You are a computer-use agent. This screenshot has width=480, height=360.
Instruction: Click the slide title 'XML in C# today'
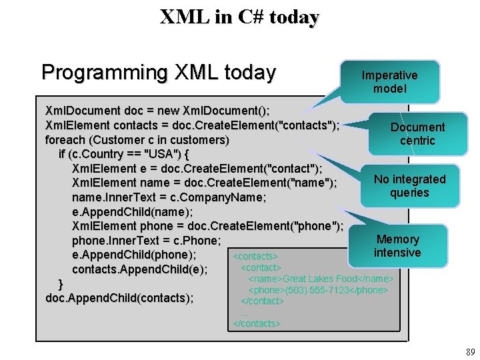[239, 17]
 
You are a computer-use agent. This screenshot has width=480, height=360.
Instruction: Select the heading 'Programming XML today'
[158, 72]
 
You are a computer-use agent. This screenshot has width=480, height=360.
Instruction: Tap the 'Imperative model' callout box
[389, 82]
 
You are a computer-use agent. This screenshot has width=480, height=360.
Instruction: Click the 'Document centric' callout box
[417, 133]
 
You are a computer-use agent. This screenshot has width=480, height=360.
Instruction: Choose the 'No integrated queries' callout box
[409, 185]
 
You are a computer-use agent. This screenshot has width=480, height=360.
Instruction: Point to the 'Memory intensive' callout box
[397, 245]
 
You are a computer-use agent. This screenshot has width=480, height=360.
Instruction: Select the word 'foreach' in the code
[65, 140]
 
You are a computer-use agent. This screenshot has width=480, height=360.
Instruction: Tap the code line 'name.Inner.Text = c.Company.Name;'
[169, 198]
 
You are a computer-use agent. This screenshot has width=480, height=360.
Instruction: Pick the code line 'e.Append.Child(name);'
[132, 213]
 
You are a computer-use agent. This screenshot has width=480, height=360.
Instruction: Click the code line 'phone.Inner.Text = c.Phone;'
[146, 240]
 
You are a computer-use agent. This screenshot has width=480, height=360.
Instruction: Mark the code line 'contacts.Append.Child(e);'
[139, 269]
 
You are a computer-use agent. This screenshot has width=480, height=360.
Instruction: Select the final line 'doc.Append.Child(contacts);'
[119, 297]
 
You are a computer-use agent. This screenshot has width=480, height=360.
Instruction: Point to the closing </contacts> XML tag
[256, 323]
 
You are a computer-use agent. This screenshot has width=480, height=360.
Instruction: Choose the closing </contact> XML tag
[262, 301]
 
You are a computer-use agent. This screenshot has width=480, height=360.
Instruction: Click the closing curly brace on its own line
[61, 283]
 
